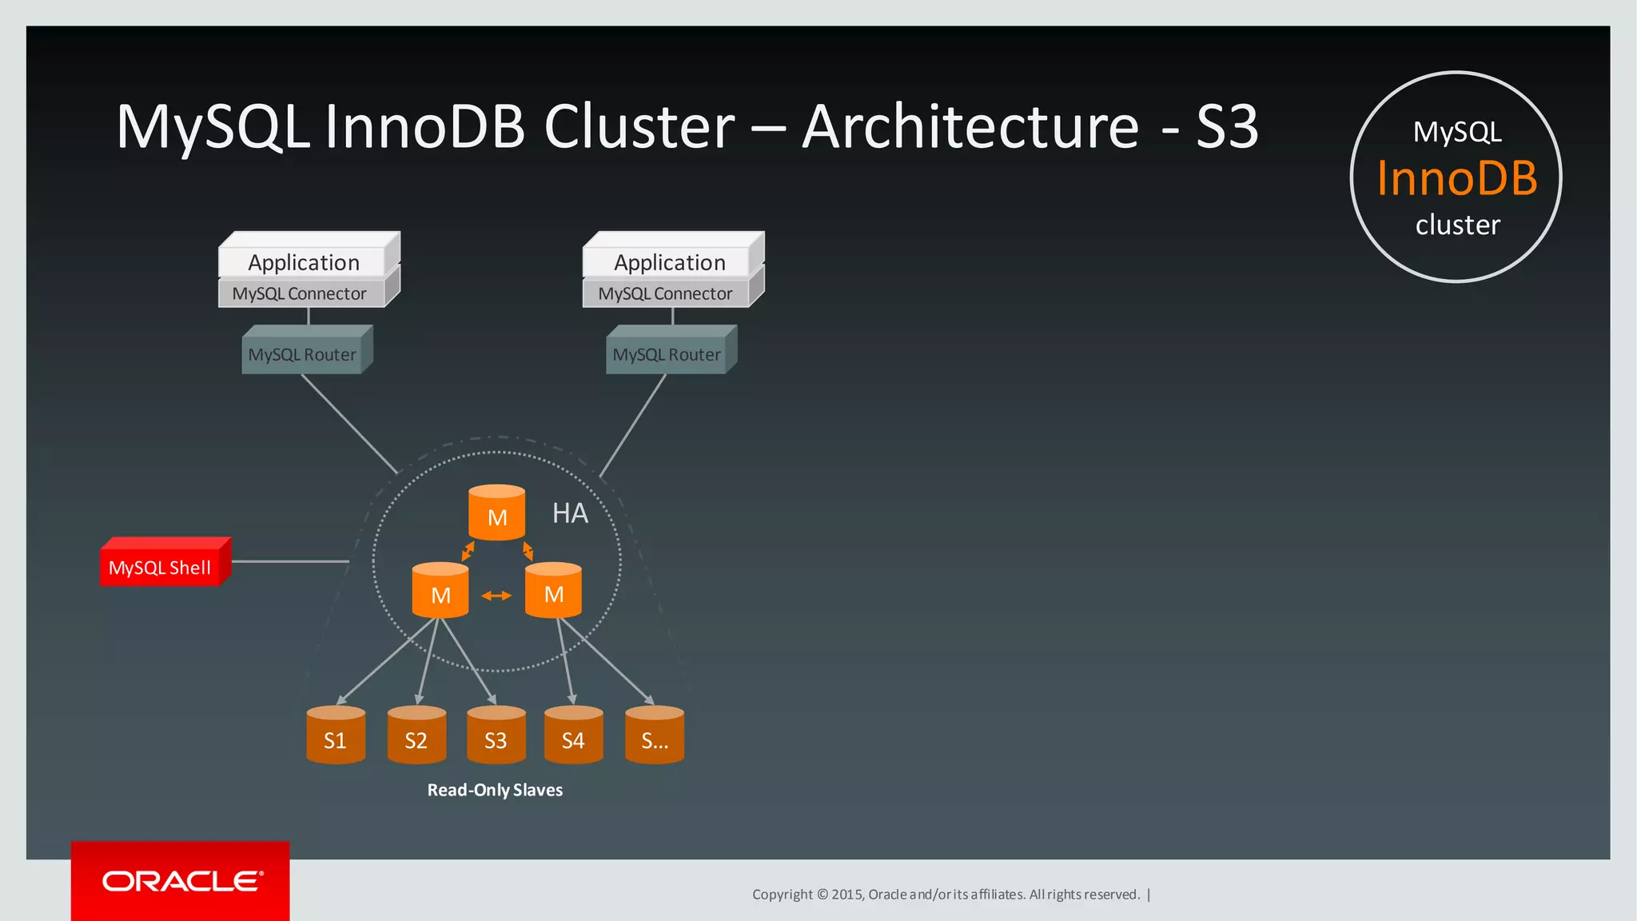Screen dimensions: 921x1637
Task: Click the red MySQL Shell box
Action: [163, 564]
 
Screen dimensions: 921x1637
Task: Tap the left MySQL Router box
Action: [304, 353]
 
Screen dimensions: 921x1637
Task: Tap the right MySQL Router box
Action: [668, 353]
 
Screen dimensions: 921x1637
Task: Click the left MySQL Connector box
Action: [301, 293]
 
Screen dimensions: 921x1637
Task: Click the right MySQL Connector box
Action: [666, 293]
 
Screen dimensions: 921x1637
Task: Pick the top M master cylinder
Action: [496, 514]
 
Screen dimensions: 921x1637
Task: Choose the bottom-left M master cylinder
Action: [440, 592]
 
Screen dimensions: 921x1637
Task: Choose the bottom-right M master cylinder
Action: [553, 591]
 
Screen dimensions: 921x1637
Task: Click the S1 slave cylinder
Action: [336, 736]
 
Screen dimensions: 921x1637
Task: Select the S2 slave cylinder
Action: [416, 736]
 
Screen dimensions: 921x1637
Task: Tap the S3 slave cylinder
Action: [496, 736]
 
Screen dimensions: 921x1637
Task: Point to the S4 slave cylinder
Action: [573, 736]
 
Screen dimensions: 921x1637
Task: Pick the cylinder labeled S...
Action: [655, 736]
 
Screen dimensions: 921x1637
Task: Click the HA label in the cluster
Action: [570, 513]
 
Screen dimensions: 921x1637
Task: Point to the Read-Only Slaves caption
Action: [495, 790]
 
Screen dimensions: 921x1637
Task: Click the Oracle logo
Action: [181, 881]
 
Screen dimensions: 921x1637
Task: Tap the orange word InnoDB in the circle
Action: [1456, 177]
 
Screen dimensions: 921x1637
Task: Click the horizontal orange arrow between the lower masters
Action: [496, 596]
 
